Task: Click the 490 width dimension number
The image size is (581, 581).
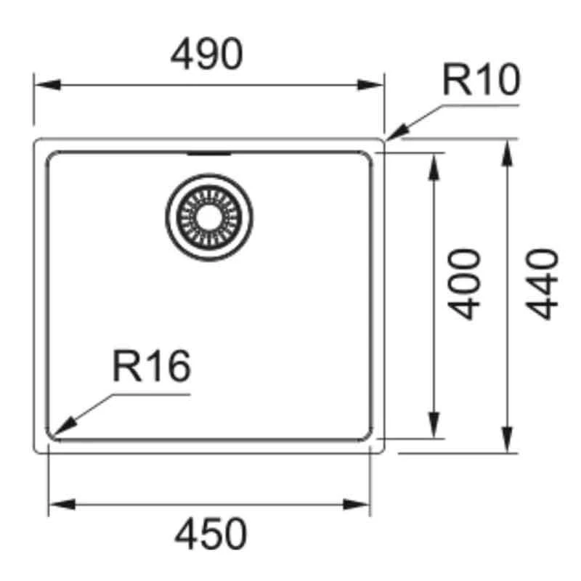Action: (x=206, y=54)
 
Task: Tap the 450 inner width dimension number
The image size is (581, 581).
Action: (x=211, y=534)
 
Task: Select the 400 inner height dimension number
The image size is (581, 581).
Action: (x=464, y=284)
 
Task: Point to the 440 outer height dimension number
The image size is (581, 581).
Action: (x=541, y=284)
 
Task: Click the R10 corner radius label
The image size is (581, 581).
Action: (x=482, y=79)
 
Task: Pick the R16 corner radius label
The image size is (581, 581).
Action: (x=152, y=366)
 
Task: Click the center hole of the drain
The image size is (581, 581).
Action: (x=209, y=217)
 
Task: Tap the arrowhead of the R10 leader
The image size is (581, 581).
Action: (x=397, y=134)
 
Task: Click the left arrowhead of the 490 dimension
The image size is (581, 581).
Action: (x=47, y=85)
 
